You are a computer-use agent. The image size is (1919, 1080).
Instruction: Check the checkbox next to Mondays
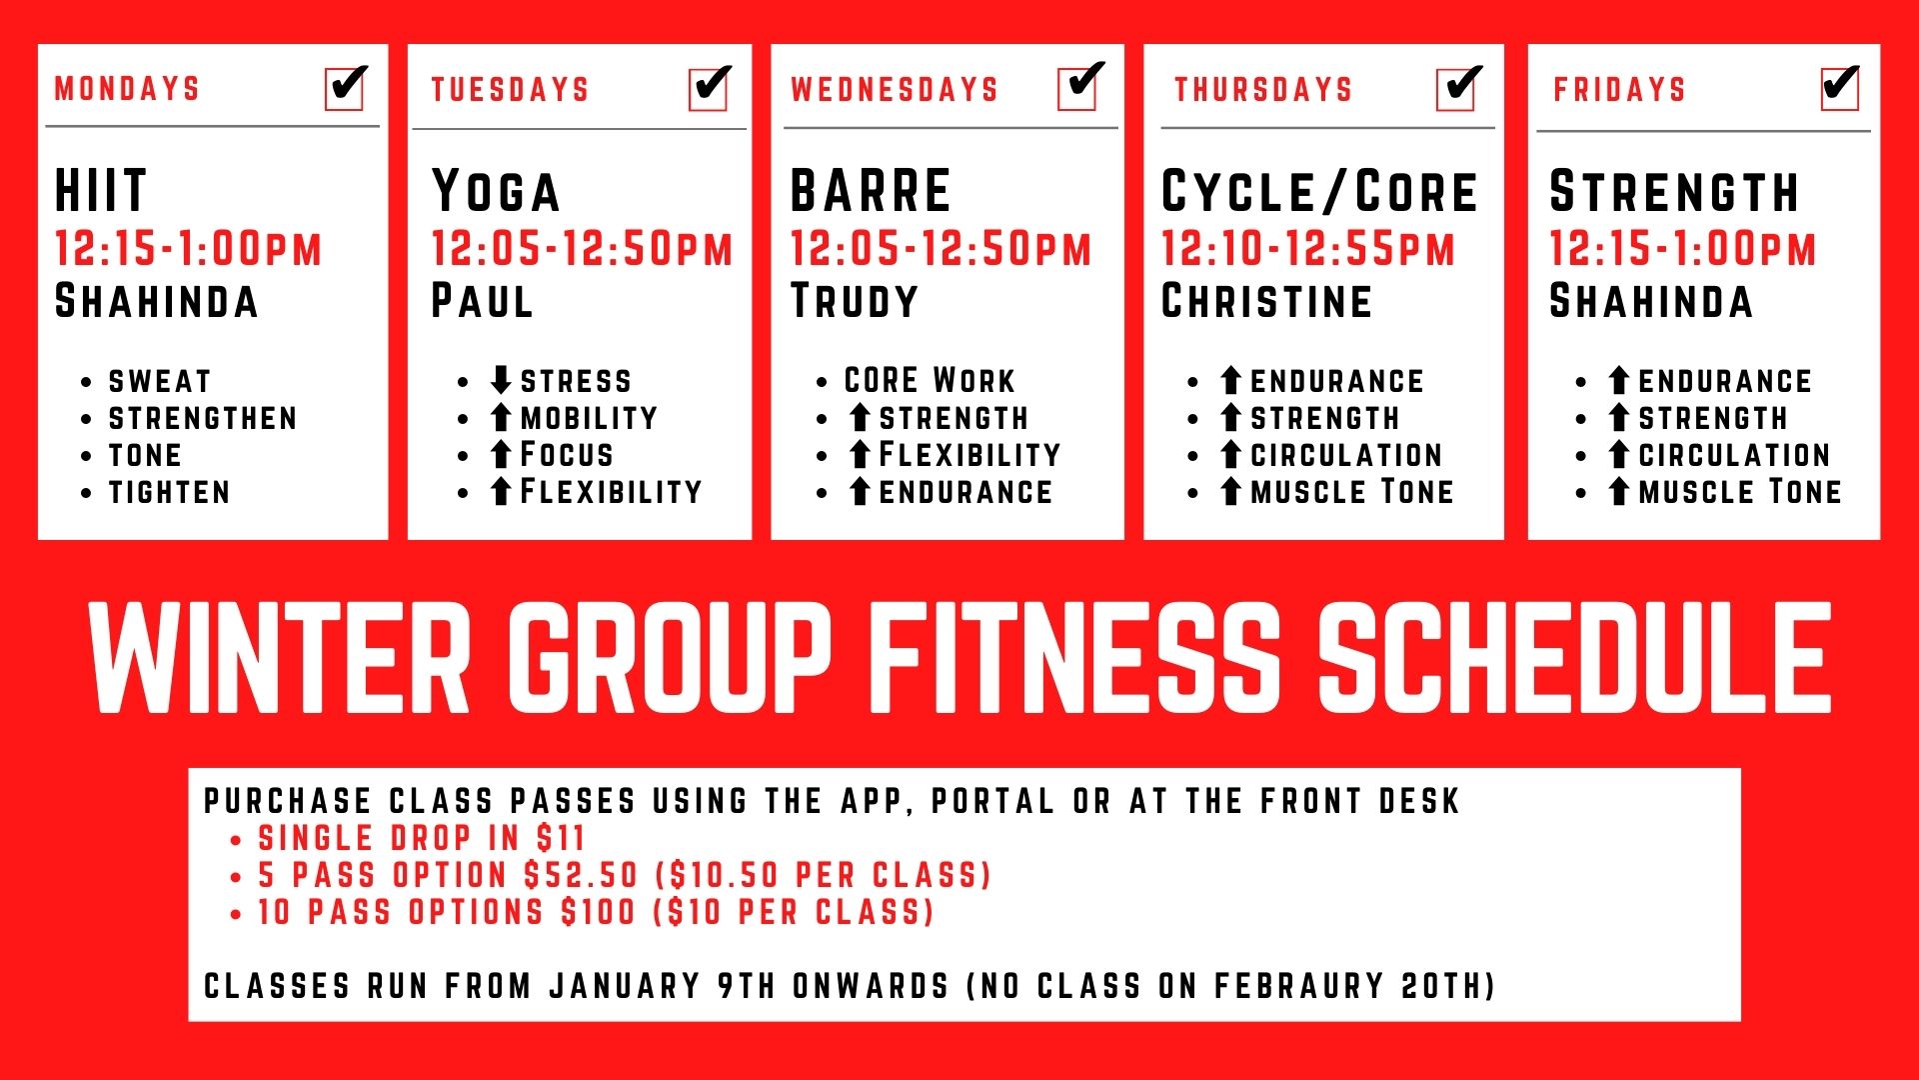(x=346, y=88)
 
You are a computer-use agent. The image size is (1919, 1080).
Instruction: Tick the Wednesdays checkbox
(x=1080, y=87)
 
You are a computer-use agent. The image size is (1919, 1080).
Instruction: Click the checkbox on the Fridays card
(x=1840, y=88)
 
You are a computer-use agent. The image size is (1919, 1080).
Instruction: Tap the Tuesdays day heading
(x=510, y=90)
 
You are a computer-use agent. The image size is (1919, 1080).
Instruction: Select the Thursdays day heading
(x=1263, y=90)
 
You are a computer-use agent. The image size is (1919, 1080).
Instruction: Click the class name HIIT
(x=101, y=191)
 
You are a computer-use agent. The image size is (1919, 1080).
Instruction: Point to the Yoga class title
(x=496, y=191)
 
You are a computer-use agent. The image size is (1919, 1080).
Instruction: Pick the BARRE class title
(x=871, y=191)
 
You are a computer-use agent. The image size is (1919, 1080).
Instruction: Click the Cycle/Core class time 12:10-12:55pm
(x=1308, y=249)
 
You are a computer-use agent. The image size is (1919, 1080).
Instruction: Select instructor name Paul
(x=482, y=301)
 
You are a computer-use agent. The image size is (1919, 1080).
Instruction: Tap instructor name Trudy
(x=855, y=301)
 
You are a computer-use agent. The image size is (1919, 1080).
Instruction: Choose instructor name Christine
(x=1267, y=301)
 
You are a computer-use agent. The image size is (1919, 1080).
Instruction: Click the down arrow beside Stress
(x=501, y=380)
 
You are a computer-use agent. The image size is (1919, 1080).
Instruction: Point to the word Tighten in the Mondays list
(x=170, y=492)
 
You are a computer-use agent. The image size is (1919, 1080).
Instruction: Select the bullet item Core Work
(x=930, y=380)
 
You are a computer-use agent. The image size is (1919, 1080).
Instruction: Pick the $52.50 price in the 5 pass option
(x=582, y=875)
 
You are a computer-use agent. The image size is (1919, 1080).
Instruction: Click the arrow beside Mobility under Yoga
(x=501, y=417)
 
